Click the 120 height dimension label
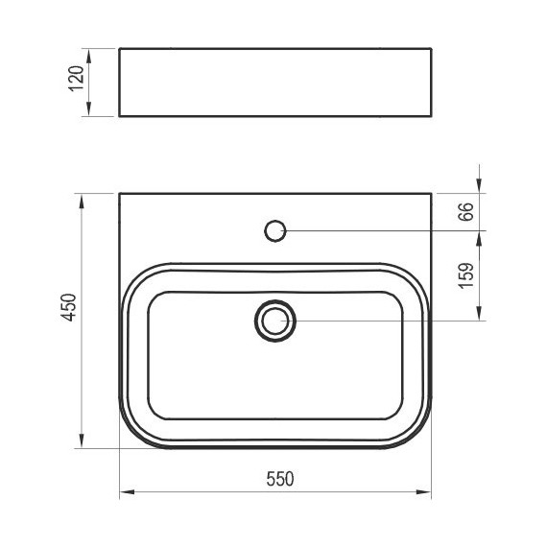(x=77, y=79)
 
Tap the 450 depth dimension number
(x=69, y=307)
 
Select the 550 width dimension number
(x=280, y=479)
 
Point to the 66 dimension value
(x=465, y=211)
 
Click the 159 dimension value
(x=466, y=275)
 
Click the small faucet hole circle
(x=275, y=230)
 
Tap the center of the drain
(x=275, y=321)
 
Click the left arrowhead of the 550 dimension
(x=127, y=492)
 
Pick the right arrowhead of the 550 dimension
(x=424, y=492)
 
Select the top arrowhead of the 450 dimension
(x=82, y=202)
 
